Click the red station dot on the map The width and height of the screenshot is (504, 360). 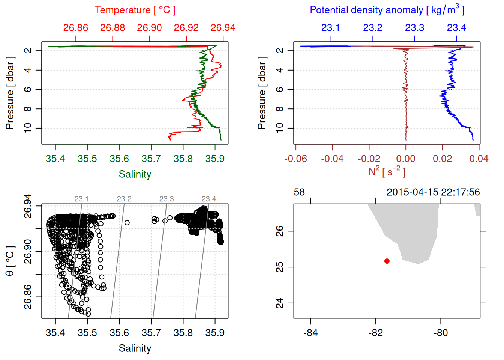[x=387, y=261]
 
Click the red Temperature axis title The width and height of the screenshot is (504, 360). [x=135, y=10]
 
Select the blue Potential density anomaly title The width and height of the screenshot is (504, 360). [x=387, y=10]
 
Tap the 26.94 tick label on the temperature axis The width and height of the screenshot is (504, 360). [x=223, y=28]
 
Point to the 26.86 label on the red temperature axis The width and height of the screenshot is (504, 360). [x=76, y=28]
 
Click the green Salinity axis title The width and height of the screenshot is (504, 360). [x=135, y=174]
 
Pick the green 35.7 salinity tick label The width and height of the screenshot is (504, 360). [x=151, y=159]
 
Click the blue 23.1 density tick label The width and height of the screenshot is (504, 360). [x=330, y=28]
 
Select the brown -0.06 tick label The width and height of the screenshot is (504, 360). [x=295, y=159]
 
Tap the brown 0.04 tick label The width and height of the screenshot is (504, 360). [x=479, y=159]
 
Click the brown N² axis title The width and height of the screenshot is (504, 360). [x=387, y=172]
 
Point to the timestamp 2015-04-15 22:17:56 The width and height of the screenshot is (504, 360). [x=433, y=192]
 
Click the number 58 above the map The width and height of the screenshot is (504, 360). [x=299, y=192]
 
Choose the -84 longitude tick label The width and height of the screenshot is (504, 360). [x=311, y=333]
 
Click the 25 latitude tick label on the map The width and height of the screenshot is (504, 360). [x=280, y=267]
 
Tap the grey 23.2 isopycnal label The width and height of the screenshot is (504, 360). [x=124, y=199]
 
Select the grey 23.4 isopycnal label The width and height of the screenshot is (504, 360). [x=209, y=199]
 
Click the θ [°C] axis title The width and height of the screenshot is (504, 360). [x=10, y=261]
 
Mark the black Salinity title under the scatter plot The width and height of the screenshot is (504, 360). [x=135, y=348]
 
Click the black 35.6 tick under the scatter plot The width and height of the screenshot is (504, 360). [x=119, y=333]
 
